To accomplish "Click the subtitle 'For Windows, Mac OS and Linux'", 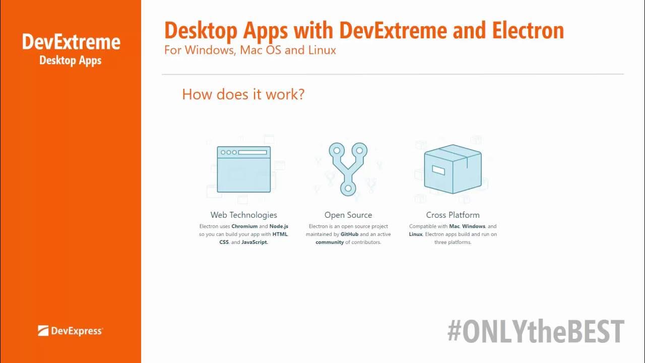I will (250, 50).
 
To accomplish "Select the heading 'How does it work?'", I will (243, 94).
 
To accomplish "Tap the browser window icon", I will (243, 169).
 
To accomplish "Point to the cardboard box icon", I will (453, 169).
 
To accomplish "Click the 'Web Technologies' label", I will (243, 215).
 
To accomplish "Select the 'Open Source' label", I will (348, 215).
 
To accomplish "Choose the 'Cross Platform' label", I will (453, 215).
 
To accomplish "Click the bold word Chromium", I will (244, 226).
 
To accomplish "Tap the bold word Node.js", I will (279, 226).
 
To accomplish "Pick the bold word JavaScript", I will (254, 242).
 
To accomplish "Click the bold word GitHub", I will (349, 234).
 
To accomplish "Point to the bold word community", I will (330, 242).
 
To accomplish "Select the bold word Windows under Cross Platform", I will (474, 226).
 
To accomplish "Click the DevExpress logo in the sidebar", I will (70, 331).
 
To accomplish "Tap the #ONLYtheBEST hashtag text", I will (536, 332).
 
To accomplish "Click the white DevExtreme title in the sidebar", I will (71, 42).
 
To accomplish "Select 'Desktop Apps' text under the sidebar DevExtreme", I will (71, 60).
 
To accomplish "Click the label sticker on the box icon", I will (438, 170).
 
